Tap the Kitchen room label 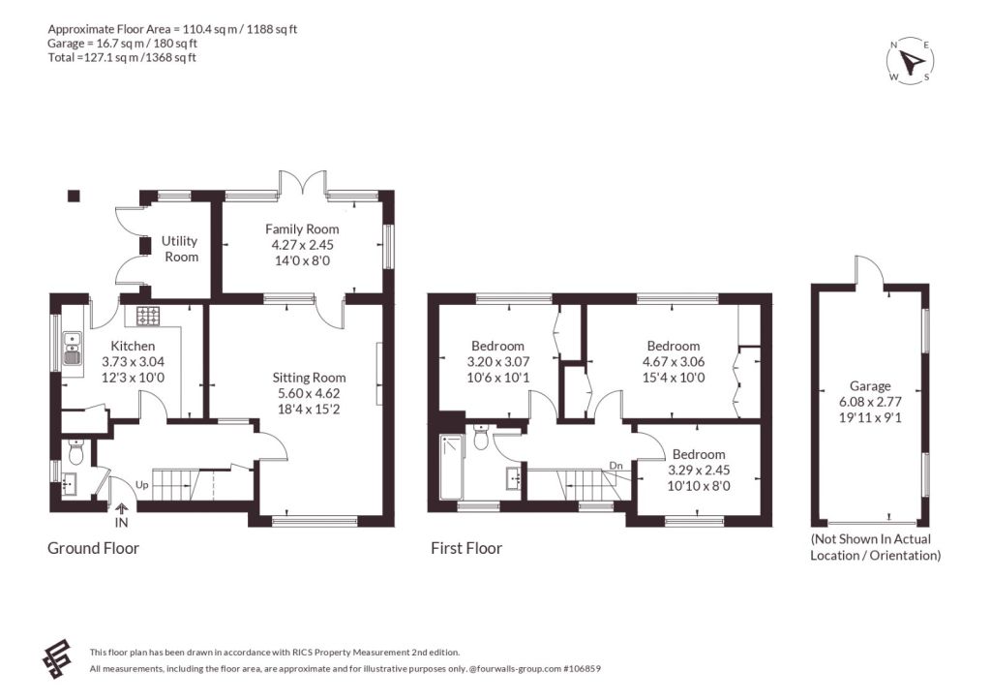point(133,346)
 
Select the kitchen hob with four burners point(148,316)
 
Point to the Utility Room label point(180,249)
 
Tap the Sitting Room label point(309,378)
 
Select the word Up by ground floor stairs point(142,485)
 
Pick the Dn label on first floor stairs point(616,466)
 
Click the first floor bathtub point(452,467)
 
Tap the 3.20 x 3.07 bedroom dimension point(498,362)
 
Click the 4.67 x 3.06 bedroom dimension point(674,362)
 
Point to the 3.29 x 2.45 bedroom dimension point(699,470)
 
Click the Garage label point(870,385)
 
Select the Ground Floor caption point(94,548)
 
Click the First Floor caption point(466,548)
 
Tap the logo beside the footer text point(56,659)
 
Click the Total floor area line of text point(122,57)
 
